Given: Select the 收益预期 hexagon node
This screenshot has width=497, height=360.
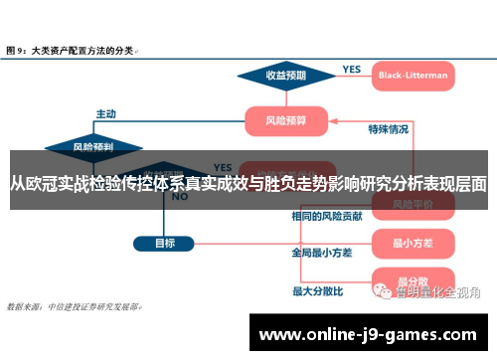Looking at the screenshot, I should [285, 75].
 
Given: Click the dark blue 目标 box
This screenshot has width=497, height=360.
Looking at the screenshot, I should [165, 242].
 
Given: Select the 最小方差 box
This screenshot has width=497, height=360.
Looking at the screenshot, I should [410, 242].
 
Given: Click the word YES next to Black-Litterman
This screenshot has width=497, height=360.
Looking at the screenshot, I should [352, 69].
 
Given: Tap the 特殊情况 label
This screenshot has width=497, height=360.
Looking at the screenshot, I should [389, 128].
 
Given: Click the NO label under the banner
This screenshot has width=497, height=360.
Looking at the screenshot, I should [180, 196].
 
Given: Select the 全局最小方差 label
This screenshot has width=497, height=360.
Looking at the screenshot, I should [321, 253].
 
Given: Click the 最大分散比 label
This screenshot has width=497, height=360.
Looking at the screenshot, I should [317, 291].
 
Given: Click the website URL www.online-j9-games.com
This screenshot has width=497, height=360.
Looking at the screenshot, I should [372, 335].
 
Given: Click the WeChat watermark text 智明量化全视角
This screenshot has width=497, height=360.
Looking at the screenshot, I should [437, 292].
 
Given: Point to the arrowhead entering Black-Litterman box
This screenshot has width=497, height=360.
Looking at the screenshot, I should [371, 75].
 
